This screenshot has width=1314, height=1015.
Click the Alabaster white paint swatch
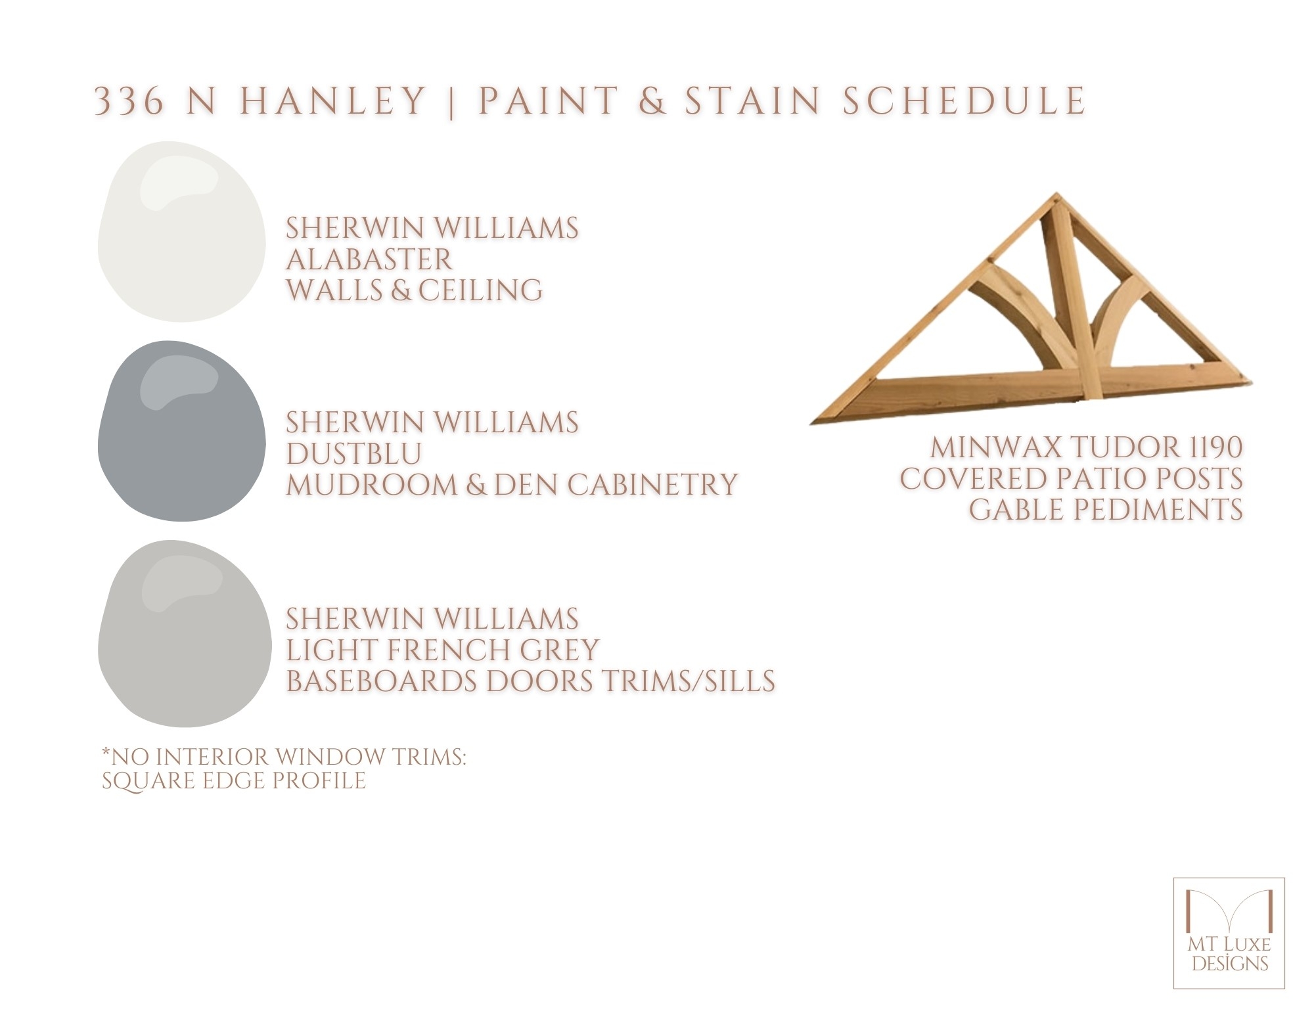181,232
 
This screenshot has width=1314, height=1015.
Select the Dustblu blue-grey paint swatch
181,431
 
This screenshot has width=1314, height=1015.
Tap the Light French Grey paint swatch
184,633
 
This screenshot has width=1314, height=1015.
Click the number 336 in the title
129,101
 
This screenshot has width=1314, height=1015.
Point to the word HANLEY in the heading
333,101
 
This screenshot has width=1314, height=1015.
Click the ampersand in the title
652,101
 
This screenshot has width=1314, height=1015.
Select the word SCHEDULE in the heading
964,101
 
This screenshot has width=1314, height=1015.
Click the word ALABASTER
369,259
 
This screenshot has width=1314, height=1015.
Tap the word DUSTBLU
353,453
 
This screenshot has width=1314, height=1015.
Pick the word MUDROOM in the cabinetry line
371,484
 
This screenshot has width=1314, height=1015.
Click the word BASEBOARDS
381,681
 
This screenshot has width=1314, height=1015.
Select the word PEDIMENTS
1156,510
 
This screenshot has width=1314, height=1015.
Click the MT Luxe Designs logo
1229,933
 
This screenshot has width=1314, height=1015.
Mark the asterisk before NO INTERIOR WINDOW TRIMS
106,752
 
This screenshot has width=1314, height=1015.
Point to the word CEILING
480,290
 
